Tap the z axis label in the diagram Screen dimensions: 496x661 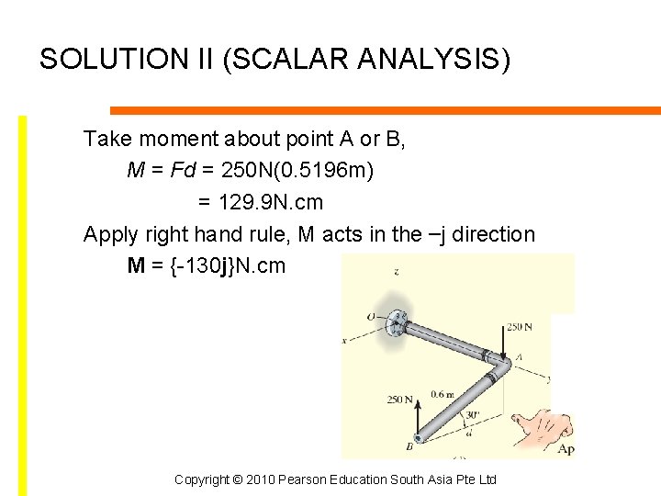click(396, 272)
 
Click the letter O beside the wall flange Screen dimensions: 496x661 click(371, 317)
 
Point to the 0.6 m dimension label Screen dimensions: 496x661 click(442, 395)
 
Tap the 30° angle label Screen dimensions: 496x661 click(472, 414)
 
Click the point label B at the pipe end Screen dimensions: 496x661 click(409, 446)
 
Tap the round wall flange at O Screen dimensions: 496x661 click(398, 321)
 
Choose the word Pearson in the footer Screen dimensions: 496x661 click(308, 479)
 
